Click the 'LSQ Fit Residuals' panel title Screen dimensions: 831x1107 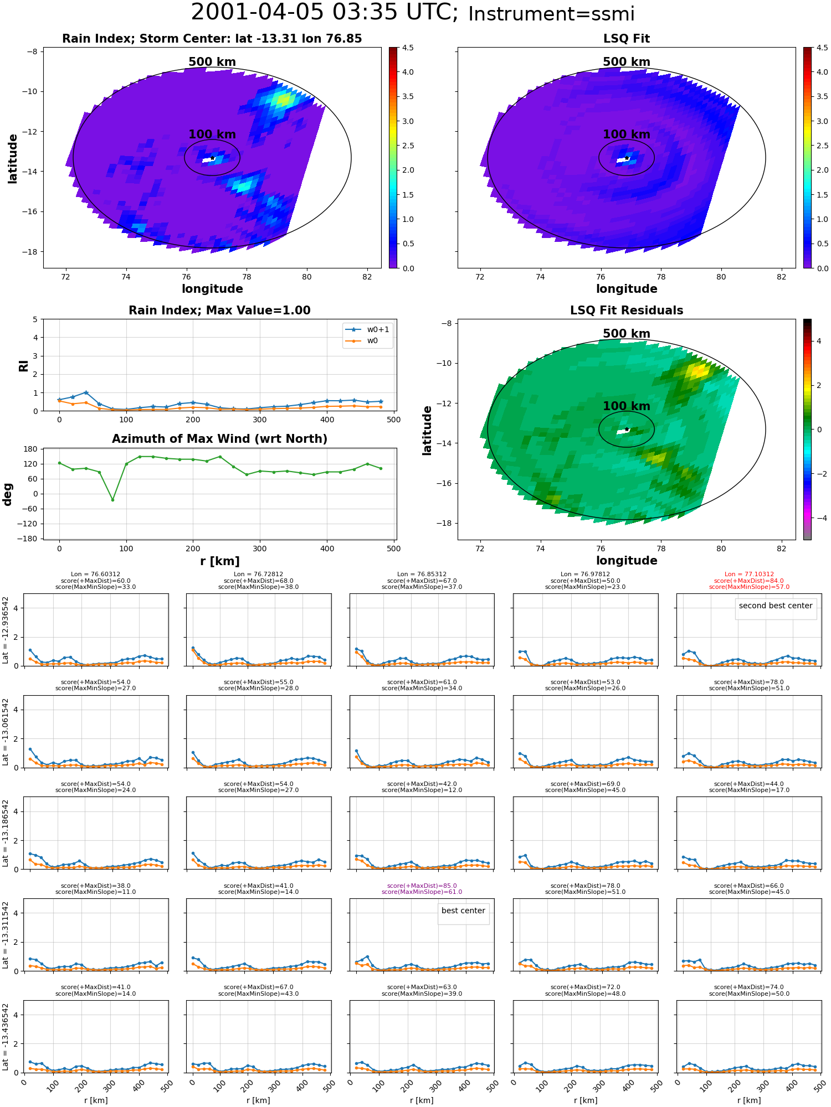pyautogui.click(x=627, y=311)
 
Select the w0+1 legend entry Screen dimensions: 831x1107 pyautogui.click(x=368, y=329)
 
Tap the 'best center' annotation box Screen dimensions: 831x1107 pyautogui.click(x=463, y=911)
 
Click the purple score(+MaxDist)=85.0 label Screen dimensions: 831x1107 pyautogui.click(x=422, y=886)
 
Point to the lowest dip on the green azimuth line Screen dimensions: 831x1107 pyautogui.click(x=112, y=500)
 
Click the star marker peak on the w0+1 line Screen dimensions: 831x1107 pyautogui.click(x=86, y=392)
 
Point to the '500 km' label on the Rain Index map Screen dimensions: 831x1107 pyautogui.click(x=212, y=62)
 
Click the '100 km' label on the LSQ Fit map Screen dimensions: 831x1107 pyautogui.click(x=627, y=135)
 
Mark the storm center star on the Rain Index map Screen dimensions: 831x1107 pyautogui.click(x=212, y=158)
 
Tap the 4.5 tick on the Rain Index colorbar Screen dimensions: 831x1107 pyautogui.click(x=408, y=48)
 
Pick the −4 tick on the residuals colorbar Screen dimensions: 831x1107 pyautogui.click(x=819, y=518)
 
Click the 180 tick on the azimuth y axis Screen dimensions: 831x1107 pyautogui.click(x=31, y=449)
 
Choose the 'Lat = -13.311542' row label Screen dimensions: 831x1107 pyautogui.click(x=6, y=935)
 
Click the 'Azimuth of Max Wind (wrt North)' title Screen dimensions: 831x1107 pyautogui.click(x=219, y=439)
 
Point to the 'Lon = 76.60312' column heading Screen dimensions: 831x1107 pyautogui.click(x=95, y=575)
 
